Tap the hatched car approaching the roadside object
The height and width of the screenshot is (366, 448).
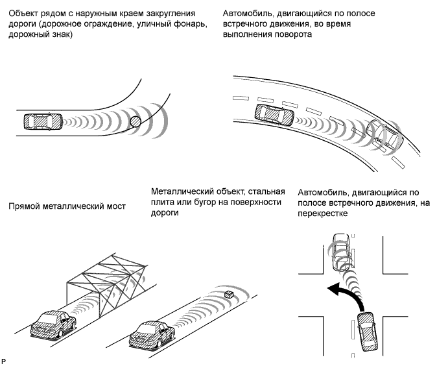click(43, 122)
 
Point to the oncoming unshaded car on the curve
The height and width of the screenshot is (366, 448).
click(384, 134)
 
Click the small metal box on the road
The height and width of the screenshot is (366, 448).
click(228, 295)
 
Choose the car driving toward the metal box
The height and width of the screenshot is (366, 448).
click(152, 332)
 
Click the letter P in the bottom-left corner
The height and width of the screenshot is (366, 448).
click(5, 359)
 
